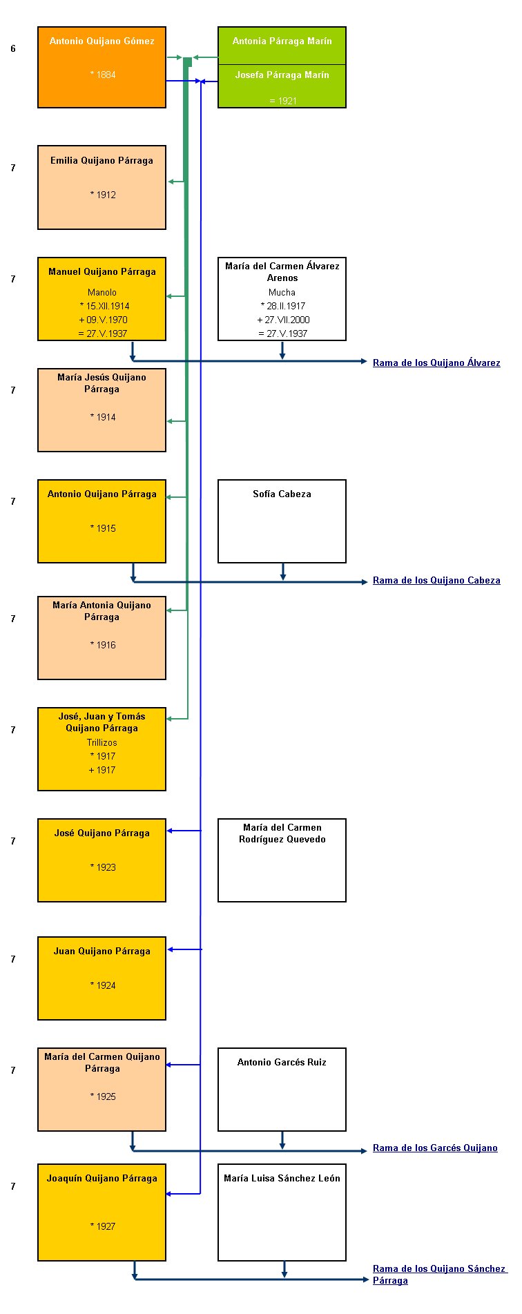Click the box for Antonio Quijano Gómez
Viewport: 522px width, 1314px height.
[x=101, y=68]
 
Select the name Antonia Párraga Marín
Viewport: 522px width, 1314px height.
[x=282, y=41]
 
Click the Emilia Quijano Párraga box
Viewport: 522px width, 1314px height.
[x=101, y=187]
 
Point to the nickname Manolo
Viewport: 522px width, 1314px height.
[x=102, y=292]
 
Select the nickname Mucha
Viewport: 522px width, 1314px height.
[x=282, y=292]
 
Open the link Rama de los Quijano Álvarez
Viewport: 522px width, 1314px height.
[x=436, y=363]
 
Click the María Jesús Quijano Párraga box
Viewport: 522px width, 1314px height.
[x=101, y=410]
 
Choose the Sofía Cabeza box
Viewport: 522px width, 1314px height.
[x=282, y=521]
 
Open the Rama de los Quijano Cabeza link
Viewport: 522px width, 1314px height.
[x=436, y=580]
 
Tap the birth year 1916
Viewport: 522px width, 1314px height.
[x=103, y=645]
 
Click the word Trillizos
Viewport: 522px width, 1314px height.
[x=102, y=742]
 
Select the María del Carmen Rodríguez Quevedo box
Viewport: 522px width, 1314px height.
[x=282, y=860]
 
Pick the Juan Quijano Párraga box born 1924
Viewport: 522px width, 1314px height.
[x=101, y=978]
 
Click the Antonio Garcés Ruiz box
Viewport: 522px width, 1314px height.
[x=282, y=1090]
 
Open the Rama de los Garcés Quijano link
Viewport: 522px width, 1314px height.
[x=435, y=1148]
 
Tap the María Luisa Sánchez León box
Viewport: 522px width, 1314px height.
[x=282, y=1212]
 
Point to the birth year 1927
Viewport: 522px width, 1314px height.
[x=103, y=1226]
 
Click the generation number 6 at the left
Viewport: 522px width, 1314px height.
[x=13, y=49]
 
